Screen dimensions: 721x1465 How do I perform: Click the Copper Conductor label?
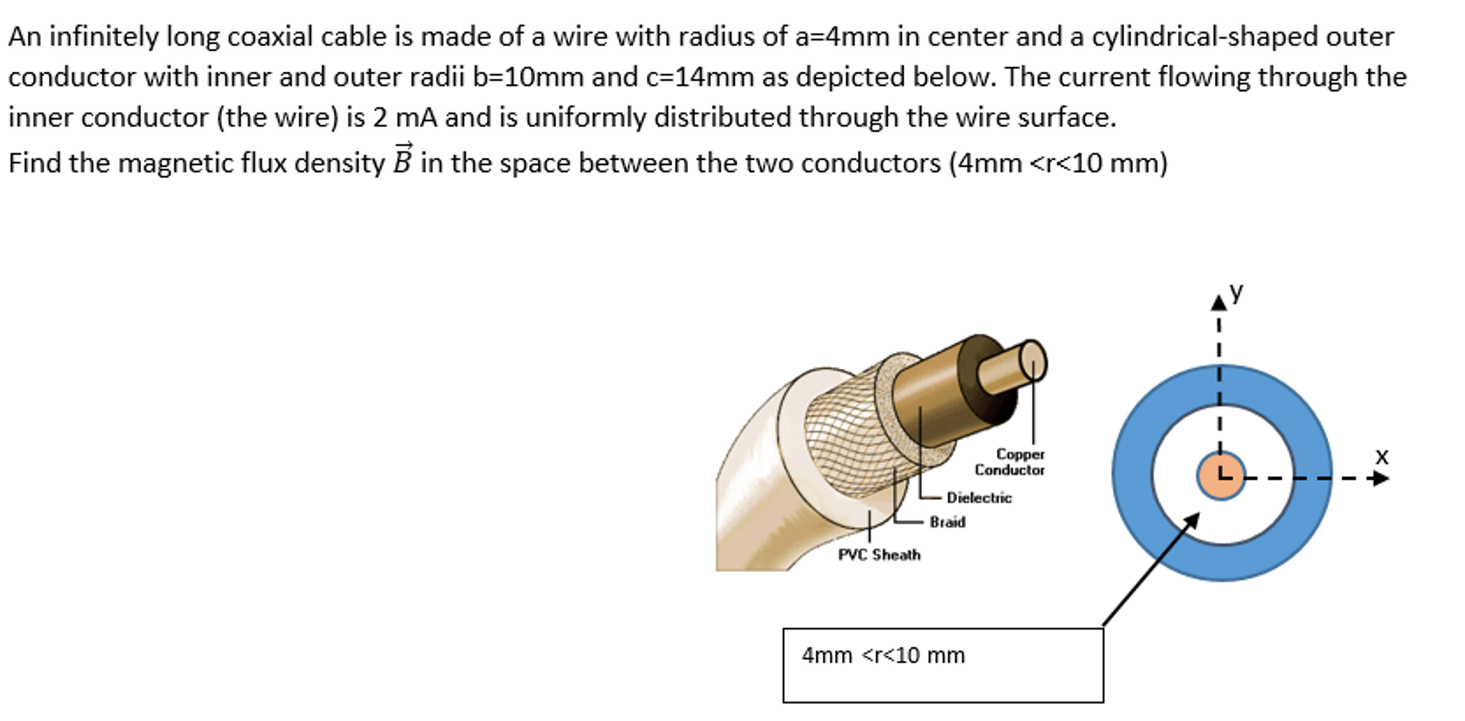(x=1010, y=462)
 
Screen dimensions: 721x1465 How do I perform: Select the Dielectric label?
(x=979, y=498)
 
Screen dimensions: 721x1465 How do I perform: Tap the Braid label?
(x=947, y=523)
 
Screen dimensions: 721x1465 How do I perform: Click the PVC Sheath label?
(x=879, y=555)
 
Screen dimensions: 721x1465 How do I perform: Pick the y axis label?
(x=1237, y=291)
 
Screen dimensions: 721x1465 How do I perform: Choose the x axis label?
(x=1382, y=455)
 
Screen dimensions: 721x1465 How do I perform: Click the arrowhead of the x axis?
(x=1381, y=478)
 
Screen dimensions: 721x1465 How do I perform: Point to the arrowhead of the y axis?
(x=1218, y=304)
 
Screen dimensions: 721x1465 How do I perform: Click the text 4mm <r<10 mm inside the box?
(x=883, y=655)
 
